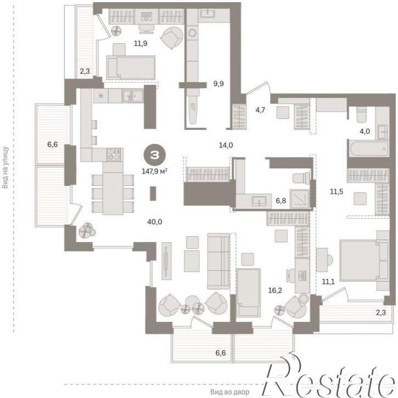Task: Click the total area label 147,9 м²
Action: [x=154, y=172]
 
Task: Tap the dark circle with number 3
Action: [x=154, y=155]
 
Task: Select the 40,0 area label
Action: [x=154, y=222]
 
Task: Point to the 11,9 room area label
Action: [x=141, y=43]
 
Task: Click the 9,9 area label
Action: [x=218, y=83]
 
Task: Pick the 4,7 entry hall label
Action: [x=260, y=110]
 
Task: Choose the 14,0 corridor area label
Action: [x=226, y=145]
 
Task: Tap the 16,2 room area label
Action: [x=275, y=290]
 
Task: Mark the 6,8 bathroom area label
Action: [x=281, y=201]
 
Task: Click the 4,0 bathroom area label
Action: [x=365, y=132]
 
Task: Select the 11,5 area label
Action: [x=337, y=191]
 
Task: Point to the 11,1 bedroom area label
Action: [x=328, y=281]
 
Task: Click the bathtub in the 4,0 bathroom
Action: [x=369, y=149]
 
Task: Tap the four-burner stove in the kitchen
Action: [x=113, y=155]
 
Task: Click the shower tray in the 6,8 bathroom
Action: [x=300, y=199]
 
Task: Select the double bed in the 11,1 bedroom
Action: [x=364, y=260]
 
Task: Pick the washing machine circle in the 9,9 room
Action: [x=192, y=32]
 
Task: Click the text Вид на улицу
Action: [x=5, y=167]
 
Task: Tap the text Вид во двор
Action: [x=230, y=392]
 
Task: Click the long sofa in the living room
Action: [x=218, y=261]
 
